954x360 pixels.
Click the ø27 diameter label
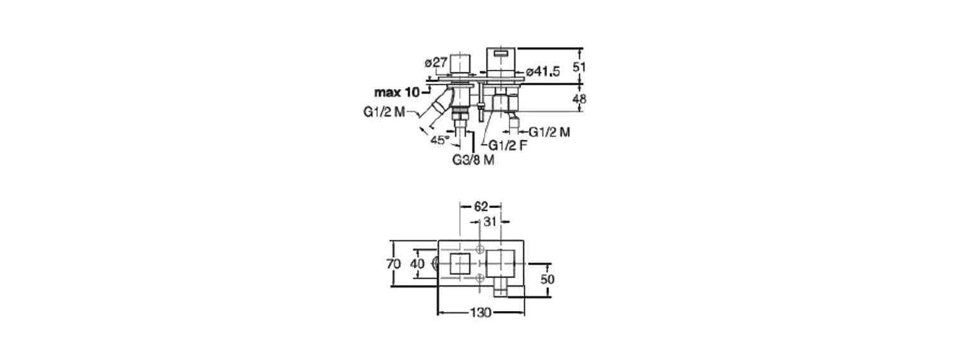tap(436, 62)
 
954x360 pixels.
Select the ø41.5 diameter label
tap(543, 72)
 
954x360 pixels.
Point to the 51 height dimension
tap(579, 67)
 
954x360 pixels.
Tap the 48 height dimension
tap(579, 99)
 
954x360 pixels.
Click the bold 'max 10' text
tap(396, 92)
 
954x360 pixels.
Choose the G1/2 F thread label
tap(508, 146)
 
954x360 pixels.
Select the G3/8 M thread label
tap(473, 160)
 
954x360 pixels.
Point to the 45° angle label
tap(439, 140)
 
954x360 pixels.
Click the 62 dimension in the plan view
tap(481, 207)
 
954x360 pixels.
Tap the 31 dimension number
tap(490, 221)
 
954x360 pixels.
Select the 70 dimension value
tap(394, 264)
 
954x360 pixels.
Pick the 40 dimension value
tap(417, 264)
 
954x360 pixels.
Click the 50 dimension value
tap(547, 279)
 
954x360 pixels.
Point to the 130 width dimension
tap(481, 312)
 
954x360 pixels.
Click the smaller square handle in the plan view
tap(460, 264)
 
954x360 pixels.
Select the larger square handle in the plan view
tap(501, 264)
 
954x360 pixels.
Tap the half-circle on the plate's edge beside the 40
tap(435, 264)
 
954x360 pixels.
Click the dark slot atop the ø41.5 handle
tap(501, 53)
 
